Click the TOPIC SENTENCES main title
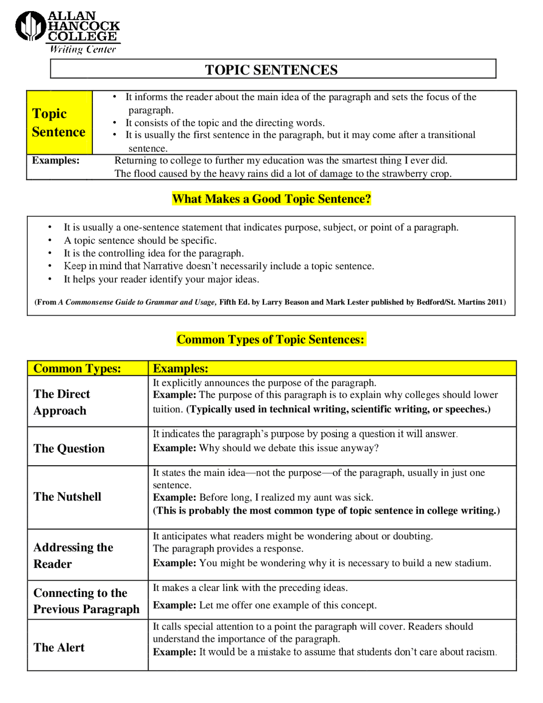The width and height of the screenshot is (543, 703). click(271, 70)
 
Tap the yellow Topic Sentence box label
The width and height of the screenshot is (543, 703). click(59, 123)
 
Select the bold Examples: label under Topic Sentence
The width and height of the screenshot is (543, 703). click(56, 160)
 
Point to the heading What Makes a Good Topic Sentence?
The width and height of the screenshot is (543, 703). click(271, 199)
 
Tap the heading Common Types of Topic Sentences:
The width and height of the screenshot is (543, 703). click(271, 340)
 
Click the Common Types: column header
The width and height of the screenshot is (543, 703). click(77, 368)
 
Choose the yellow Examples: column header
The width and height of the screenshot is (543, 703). click(180, 368)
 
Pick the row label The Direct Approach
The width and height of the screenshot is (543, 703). click(62, 402)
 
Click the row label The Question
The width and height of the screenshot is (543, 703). click(69, 449)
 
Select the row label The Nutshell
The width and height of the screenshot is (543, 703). click(67, 497)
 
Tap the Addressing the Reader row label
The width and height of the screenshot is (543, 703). click(73, 555)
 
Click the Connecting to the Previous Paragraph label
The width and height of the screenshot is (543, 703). click(86, 601)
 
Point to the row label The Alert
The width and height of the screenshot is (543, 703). click(59, 647)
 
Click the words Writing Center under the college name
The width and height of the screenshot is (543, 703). click(83, 50)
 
